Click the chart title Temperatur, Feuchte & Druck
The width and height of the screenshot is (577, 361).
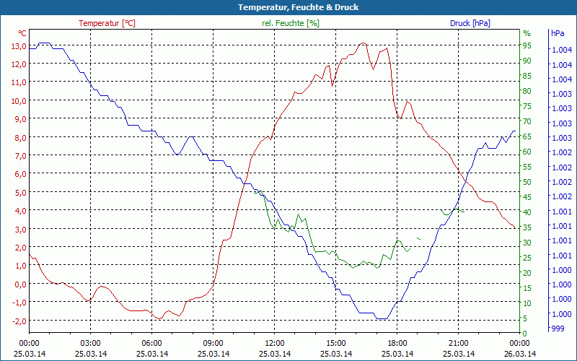click(x=288, y=7)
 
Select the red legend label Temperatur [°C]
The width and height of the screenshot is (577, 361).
click(x=107, y=23)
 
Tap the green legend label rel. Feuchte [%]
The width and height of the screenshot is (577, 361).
click(x=290, y=23)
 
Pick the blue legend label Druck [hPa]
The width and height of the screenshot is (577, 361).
click(x=470, y=23)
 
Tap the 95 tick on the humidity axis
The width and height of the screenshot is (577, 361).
click(x=527, y=45)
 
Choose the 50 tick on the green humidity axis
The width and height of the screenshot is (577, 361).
click(x=527, y=182)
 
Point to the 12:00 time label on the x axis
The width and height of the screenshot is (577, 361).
click(x=275, y=343)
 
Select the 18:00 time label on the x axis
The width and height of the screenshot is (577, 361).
click(x=397, y=343)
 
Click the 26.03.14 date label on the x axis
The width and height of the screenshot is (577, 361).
click(x=520, y=354)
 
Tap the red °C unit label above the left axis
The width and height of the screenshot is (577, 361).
click(x=22, y=33)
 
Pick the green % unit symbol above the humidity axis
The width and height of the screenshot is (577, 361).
click(x=527, y=33)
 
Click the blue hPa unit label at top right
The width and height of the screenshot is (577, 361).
click(x=558, y=33)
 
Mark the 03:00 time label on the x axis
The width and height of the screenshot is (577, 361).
click(x=90, y=343)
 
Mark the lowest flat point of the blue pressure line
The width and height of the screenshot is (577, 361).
click(x=382, y=318)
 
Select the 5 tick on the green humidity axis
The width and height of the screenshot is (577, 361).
click(x=527, y=318)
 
